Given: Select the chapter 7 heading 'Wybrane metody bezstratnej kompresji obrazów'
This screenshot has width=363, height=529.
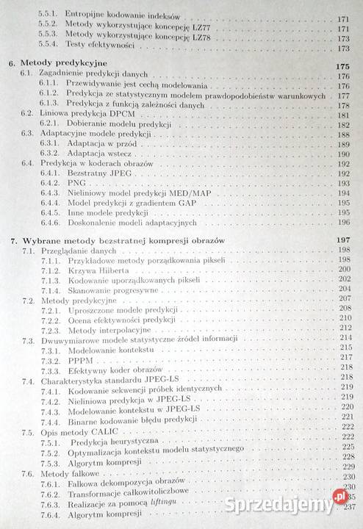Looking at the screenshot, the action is coord(129,240).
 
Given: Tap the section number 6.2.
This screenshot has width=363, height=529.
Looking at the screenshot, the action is coord(28,115).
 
